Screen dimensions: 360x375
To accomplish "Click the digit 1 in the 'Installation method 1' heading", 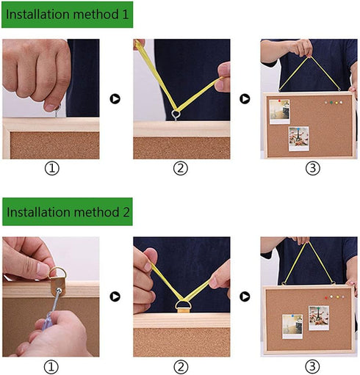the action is point(126,14).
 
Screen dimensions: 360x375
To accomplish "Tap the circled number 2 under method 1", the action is point(181,168).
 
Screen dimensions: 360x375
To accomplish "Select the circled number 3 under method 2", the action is point(312,366).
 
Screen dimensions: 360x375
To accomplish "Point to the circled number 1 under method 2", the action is point(51,367).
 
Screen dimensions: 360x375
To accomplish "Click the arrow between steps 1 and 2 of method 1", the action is point(115,99).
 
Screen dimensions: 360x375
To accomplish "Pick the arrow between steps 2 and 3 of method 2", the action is point(245,296).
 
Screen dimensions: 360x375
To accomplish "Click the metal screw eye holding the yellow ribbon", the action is point(176,114).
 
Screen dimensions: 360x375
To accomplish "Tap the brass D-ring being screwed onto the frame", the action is point(58,279).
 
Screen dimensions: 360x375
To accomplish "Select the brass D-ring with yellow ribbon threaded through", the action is point(182,306).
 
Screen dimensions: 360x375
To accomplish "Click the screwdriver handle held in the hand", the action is point(47,322).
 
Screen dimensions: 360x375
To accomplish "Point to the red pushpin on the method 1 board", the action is point(279,101).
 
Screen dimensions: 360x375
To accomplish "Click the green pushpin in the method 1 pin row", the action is point(331,103).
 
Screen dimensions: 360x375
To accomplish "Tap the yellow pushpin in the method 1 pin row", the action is point(336,103).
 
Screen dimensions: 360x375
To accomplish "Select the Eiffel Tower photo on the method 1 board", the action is point(299,139).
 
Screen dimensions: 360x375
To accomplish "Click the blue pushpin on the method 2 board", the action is point(292,316).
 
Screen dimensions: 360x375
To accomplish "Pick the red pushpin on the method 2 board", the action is point(326,298).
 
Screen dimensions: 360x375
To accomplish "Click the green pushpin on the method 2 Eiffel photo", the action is point(318,309).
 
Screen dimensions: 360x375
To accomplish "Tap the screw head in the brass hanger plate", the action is point(59,291).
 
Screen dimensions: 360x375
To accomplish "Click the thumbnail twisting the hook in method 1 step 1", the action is point(51,107).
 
